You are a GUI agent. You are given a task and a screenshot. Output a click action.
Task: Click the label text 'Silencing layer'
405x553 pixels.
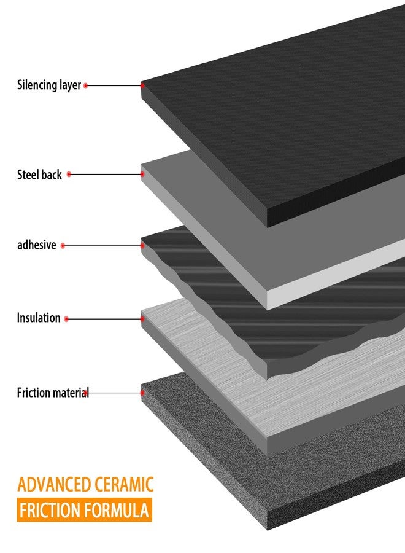click(49, 85)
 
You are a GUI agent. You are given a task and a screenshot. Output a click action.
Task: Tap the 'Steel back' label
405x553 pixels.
click(39, 175)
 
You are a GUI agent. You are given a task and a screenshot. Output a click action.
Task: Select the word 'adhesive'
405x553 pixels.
click(37, 245)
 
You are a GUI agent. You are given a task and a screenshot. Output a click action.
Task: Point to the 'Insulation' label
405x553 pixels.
click(39, 318)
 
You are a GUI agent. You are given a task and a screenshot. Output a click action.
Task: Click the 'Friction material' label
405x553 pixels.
click(53, 393)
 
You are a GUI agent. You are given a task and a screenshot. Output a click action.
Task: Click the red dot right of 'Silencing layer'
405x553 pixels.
click(85, 85)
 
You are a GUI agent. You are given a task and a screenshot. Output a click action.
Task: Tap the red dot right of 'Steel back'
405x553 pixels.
click(69, 175)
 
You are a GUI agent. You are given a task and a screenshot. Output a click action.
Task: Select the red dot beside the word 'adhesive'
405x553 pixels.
click(63, 245)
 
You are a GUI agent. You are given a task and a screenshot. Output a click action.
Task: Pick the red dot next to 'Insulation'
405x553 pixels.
click(66, 319)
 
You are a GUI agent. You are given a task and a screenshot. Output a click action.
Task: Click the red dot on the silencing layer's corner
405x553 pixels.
click(142, 85)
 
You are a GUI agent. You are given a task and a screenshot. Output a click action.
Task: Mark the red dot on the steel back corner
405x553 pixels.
click(142, 174)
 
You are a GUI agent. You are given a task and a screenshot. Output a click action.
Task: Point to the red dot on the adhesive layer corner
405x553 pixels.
click(142, 245)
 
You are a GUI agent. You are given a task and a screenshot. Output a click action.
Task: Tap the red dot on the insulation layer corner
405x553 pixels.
click(142, 319)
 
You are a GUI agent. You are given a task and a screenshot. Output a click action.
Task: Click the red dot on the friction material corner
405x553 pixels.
click(142, 393)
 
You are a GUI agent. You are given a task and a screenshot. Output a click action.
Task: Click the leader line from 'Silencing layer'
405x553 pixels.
click(114, 85)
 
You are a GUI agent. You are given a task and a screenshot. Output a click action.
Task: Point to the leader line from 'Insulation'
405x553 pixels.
click(104, 319)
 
